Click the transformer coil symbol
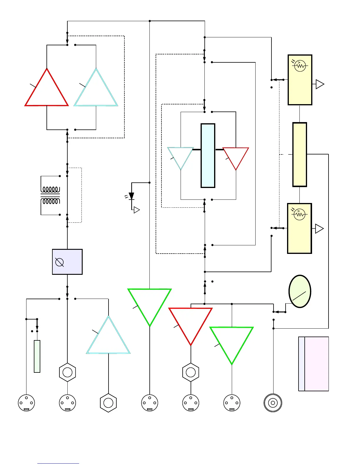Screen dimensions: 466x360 point(51,195)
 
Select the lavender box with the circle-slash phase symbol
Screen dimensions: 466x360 point(67,262)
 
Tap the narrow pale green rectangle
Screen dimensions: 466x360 point(37,356)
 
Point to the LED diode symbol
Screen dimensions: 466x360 point(131,196)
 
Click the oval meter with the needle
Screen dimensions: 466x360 point(300,291)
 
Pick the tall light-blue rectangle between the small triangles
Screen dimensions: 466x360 point(208,156)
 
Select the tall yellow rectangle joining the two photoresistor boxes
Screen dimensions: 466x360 point(300,154)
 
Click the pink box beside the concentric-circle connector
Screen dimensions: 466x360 point(316,364)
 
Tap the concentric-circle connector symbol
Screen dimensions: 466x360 point(273,403)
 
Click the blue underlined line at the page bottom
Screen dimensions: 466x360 point(58,463)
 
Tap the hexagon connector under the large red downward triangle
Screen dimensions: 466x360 point(191,372)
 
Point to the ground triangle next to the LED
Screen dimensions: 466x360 point(136,210)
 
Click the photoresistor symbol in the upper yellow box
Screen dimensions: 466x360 point(300,66)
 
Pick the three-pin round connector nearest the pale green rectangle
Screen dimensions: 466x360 point(26,403)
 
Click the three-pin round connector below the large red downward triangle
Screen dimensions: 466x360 point(191,403)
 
